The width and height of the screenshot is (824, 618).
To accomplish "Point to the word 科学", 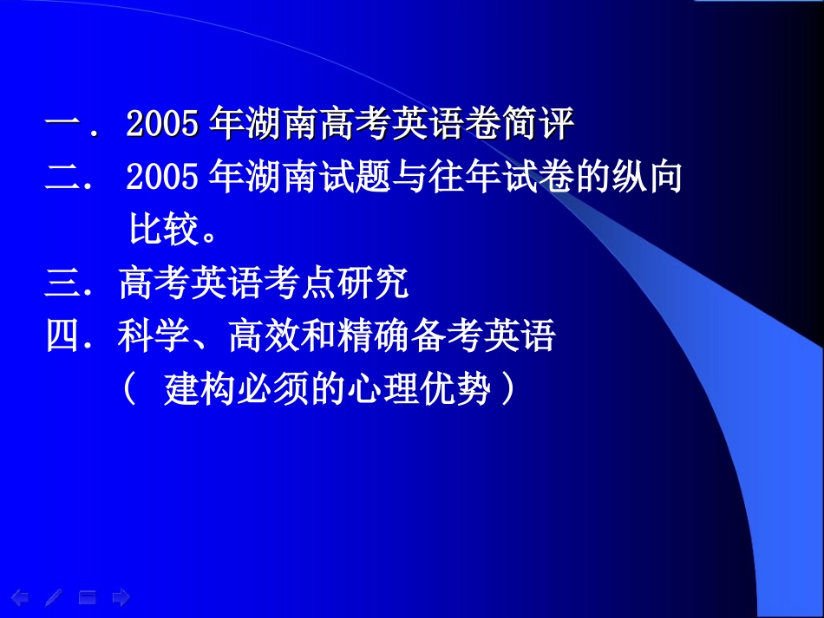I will coord(146,336).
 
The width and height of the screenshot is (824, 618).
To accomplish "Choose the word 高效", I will coord(256,336).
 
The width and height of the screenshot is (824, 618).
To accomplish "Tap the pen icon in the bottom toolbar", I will coord(53,597).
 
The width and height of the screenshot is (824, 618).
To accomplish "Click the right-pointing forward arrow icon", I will coord(121,597).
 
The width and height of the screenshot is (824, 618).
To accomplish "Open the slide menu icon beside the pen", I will coord(88,597).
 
